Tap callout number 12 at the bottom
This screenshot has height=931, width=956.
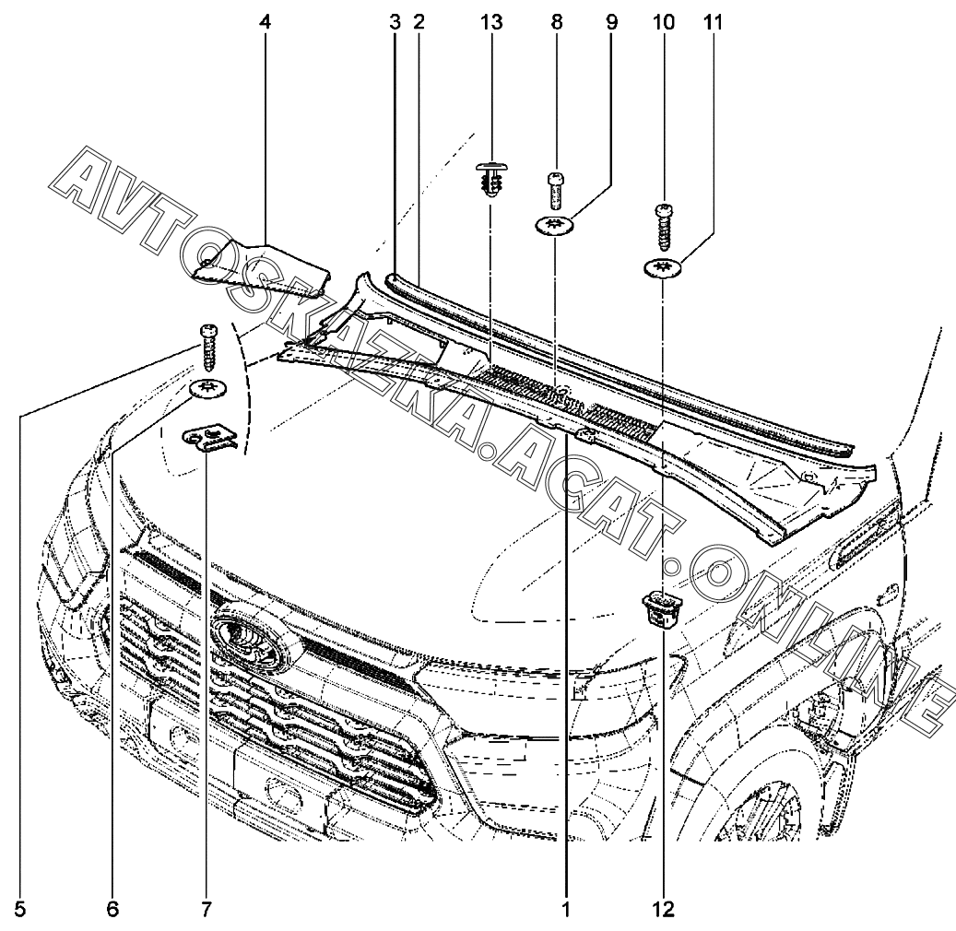click(x=664, y=910)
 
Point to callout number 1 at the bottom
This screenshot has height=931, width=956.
click(x=566, y=910)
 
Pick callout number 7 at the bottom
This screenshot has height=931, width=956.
click(x=206, y=910)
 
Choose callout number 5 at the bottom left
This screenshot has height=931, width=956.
click(x=19, y=910)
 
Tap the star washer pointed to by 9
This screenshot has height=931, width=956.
click(x=556, y=225)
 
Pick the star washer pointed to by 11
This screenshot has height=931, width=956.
click(x=663, y=268)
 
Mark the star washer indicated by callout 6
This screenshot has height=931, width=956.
click(x=209, y=389)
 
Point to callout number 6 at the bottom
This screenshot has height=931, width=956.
click(x=112, y=910)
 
